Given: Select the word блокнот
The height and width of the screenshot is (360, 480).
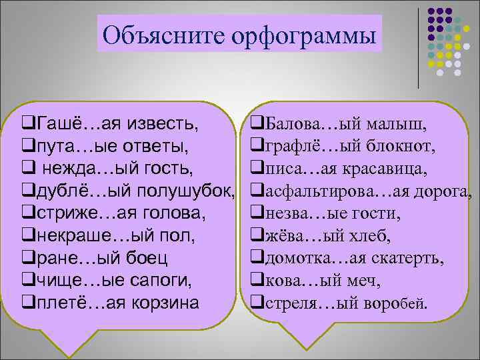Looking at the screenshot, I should coord(403,145).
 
